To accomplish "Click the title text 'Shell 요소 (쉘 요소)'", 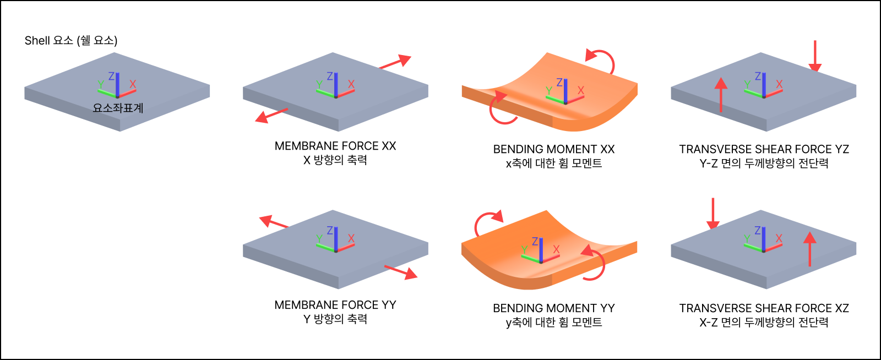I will tap(71, 40).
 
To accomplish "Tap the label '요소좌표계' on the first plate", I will tap(118, 108).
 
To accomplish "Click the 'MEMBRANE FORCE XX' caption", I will tap(335, 146).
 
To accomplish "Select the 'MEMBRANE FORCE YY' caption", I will tap(335, 305).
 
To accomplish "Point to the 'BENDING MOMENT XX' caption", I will tap(553, 149).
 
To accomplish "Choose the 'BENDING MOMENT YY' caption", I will tap(553, 308).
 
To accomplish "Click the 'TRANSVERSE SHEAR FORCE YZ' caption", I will tap(764, 149).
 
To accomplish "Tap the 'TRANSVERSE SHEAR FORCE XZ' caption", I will tap(764, 308).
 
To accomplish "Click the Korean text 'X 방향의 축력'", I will tap(335, 160).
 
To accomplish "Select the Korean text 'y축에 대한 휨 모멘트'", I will tap(553, 323).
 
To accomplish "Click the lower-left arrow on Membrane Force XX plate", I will tap(271, 115).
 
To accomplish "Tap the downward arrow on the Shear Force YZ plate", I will tap(815, 56).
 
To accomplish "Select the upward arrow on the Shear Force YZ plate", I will tap(721, 94).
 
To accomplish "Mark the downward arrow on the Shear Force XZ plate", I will tap(713, 214).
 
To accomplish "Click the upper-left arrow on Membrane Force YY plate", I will tap(274, 222).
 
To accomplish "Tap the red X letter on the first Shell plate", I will tap(133, 84).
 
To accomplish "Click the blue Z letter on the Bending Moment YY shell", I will tap(535, 241).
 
